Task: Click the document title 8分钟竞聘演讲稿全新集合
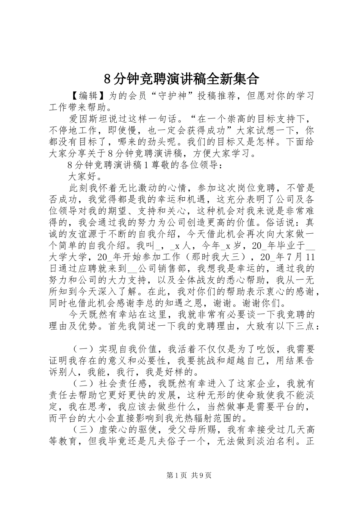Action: [181, 78]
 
